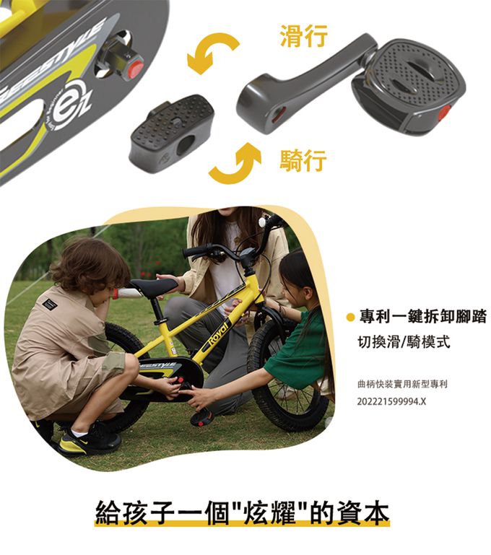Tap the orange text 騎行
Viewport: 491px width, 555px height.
pyautogui.click(x=303, y=159)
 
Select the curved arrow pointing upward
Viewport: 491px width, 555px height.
pyautogui.click(x=235, y=162)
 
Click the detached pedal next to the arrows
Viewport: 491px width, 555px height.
pyautogui.click(x=172, y=130)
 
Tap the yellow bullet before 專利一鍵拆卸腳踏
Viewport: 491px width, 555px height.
pyautogui.click(x=350, y=317)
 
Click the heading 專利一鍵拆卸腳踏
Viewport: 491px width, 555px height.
pyautogui.click(x=422, y=316)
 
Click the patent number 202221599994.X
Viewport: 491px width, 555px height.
pyautogui.click(x=391, y=401)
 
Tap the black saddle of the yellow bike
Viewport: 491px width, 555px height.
pyautogui.click(x=152, y=287)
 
